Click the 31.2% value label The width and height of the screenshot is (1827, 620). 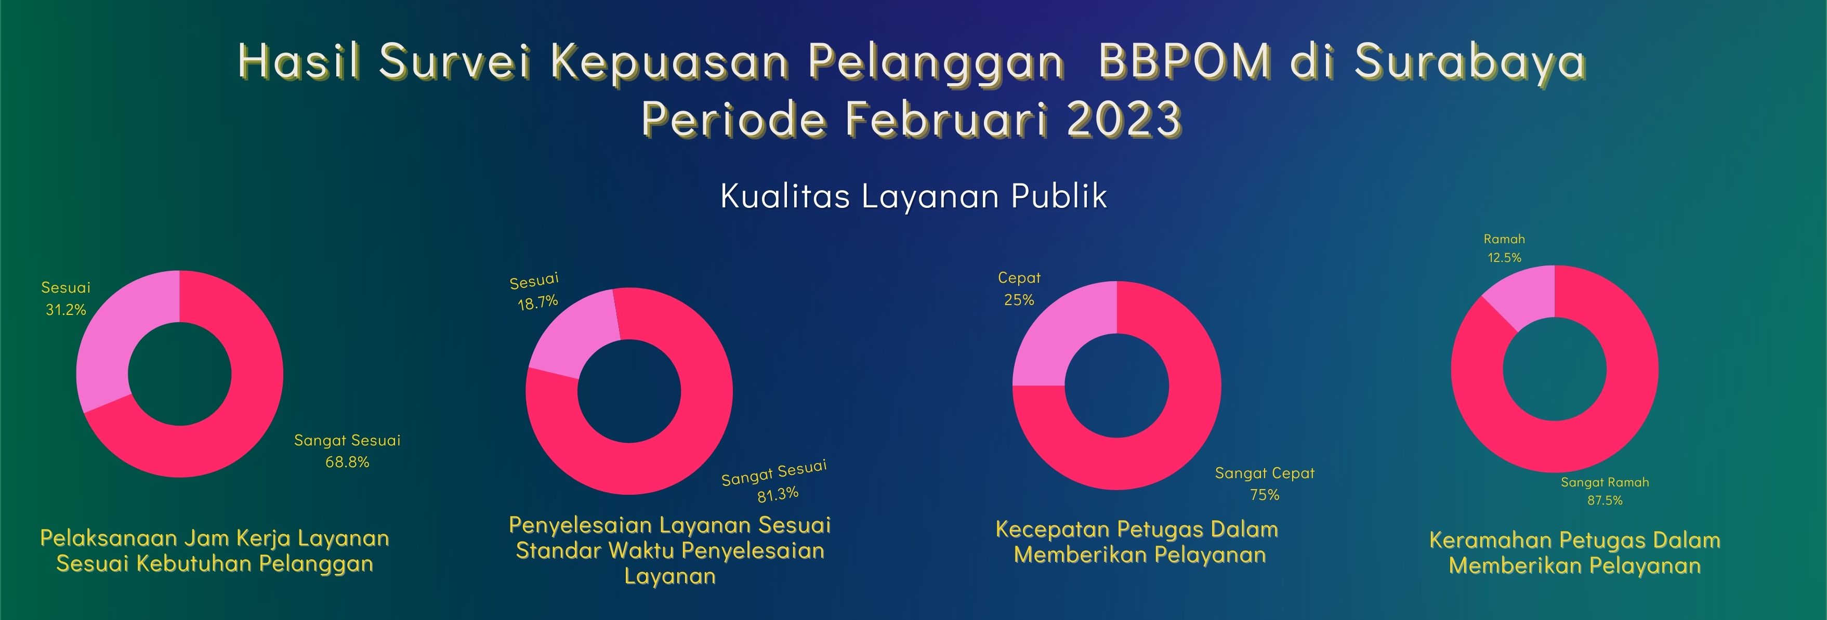click(66, 310)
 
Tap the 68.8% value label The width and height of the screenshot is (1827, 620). click(348, 463)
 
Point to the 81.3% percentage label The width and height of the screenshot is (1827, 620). click(778, 494)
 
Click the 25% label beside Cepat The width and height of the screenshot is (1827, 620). click(1019, 300)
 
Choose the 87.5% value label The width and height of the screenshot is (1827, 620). click(1605, 500)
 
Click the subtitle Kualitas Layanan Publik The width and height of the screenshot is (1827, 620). click(914, 196)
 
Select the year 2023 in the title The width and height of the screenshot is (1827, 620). click(1123, 118)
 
